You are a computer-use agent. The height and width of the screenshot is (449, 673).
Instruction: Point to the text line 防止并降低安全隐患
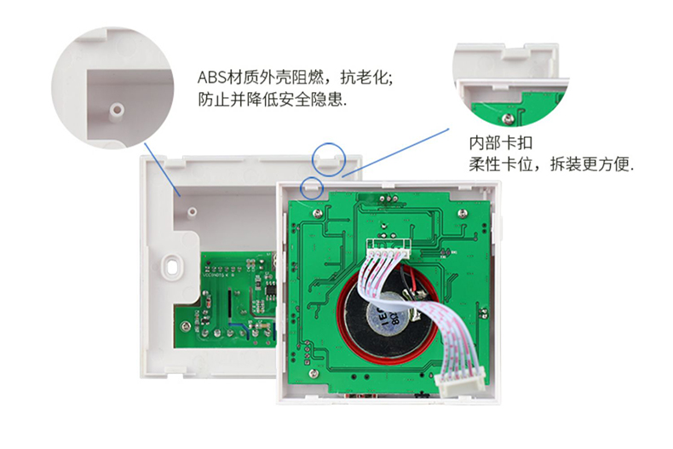point(272,100)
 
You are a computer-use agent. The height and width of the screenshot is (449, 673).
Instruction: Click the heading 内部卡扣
point(500,143)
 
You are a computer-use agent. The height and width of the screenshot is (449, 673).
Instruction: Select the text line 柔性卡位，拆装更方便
point(551,164)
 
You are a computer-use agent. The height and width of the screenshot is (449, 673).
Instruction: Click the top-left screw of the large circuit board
point(317,213)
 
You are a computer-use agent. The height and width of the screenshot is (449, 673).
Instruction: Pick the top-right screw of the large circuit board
point(462,213)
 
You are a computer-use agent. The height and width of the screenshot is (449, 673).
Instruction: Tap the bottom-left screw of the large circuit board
point(313,373)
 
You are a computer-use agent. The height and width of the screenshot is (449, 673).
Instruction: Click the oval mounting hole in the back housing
point(173,266)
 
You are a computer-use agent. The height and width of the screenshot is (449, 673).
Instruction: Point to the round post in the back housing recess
point(193,211)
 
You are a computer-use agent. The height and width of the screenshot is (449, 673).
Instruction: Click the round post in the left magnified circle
point(117,110)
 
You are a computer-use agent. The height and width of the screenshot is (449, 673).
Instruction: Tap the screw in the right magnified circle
point(508,118)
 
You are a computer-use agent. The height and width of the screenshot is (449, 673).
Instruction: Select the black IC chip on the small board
point(271,291)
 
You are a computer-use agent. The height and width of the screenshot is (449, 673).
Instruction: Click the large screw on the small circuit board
point(185,326)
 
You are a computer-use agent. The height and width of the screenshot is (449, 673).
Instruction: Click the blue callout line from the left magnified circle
point(163,170)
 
